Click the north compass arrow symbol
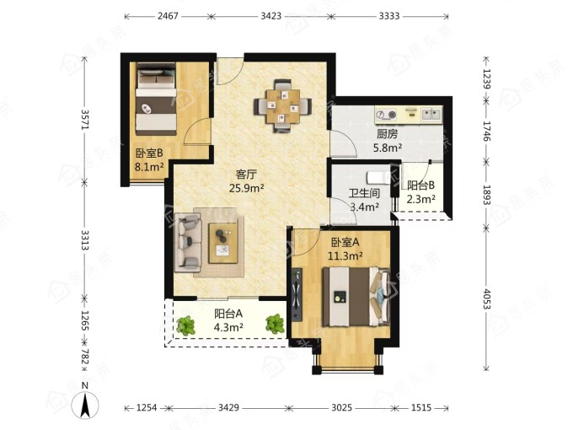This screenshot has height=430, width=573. tap(85, 406)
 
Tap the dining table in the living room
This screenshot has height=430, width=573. tap(283, 106)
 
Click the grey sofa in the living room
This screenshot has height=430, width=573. tap(188, 243)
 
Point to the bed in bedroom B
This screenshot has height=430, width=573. tap(156, 99)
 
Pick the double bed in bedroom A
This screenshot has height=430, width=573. tap(356, 296)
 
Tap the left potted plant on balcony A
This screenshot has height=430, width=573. tap(185, 325)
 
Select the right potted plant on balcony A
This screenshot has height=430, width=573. tap(275, 324)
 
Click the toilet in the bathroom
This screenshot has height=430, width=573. tap(378, 178)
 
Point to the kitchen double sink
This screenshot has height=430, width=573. tap(431, 114)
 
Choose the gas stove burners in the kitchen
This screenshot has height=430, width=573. tap(387, 115)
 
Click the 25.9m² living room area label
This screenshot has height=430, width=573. tap(247, 188)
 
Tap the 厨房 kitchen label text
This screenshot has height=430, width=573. tap(388, 135)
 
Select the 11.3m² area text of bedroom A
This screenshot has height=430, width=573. tap(345, 255)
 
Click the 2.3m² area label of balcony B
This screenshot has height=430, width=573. tap(421, 199)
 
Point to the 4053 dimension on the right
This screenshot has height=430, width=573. tap(487, 298)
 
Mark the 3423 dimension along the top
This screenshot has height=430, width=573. tap(271, 16)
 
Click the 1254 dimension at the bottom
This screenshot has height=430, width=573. tap(147, 407)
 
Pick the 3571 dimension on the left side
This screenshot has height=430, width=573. tap(85, 119)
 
